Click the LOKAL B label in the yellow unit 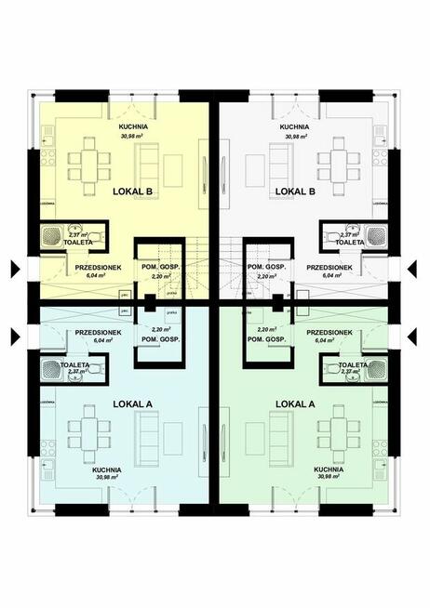132,192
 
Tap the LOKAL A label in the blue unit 132,404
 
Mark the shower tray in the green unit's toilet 375,370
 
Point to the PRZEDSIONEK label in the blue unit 96,332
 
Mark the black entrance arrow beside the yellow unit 12,270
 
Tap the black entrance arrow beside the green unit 417,336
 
